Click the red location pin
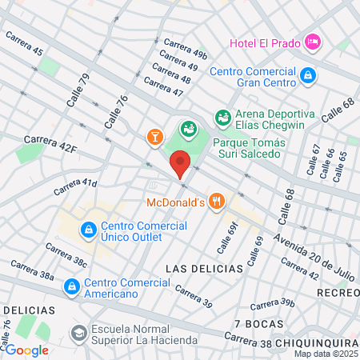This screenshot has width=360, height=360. coord(180,162)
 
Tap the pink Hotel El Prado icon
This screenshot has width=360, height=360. coord(312,40)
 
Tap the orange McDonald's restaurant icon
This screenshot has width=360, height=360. coord(215,201)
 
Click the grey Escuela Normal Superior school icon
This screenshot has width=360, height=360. coord(78,332)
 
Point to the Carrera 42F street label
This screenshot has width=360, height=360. coord(50,143)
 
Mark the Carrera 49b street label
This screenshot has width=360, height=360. coord(185,48)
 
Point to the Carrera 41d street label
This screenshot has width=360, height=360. coord(76,187)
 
